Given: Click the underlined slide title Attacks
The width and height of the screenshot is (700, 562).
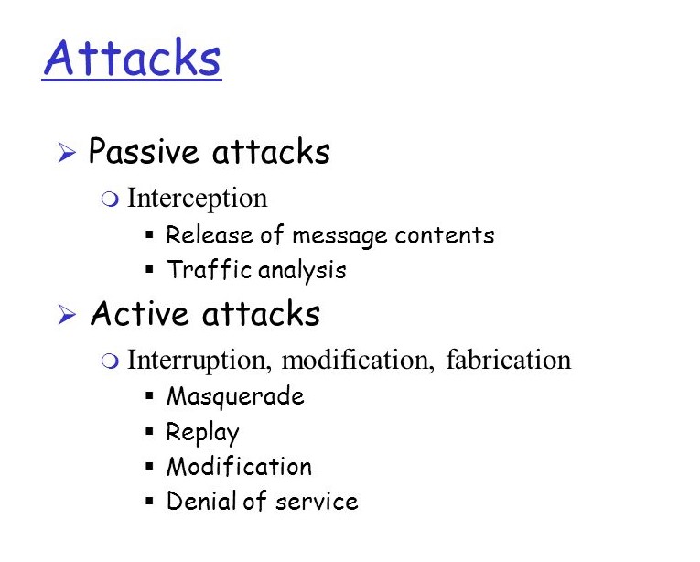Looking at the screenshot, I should click(132, 58).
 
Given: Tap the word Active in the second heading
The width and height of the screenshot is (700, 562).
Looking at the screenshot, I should click(139, 314).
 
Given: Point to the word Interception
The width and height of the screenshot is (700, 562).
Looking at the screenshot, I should click(197, 198).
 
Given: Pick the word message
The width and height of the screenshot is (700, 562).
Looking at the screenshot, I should click(339, 235).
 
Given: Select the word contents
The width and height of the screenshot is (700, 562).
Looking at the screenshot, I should click(445, 235).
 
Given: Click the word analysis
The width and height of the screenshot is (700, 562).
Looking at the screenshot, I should click(302, 271).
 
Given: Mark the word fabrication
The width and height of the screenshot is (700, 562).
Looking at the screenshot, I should click(508, 360).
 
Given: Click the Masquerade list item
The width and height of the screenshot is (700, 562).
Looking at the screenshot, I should click(235, 396).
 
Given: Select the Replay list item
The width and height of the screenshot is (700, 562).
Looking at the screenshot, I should click(202, 432).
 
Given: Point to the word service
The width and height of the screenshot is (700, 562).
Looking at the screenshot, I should click(321, 502).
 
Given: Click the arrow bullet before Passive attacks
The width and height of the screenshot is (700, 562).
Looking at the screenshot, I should click(65, 154).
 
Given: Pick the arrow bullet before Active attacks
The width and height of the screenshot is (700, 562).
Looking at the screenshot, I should click(65, 316).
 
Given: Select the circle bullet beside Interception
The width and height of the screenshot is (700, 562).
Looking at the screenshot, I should click(111, 200).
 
